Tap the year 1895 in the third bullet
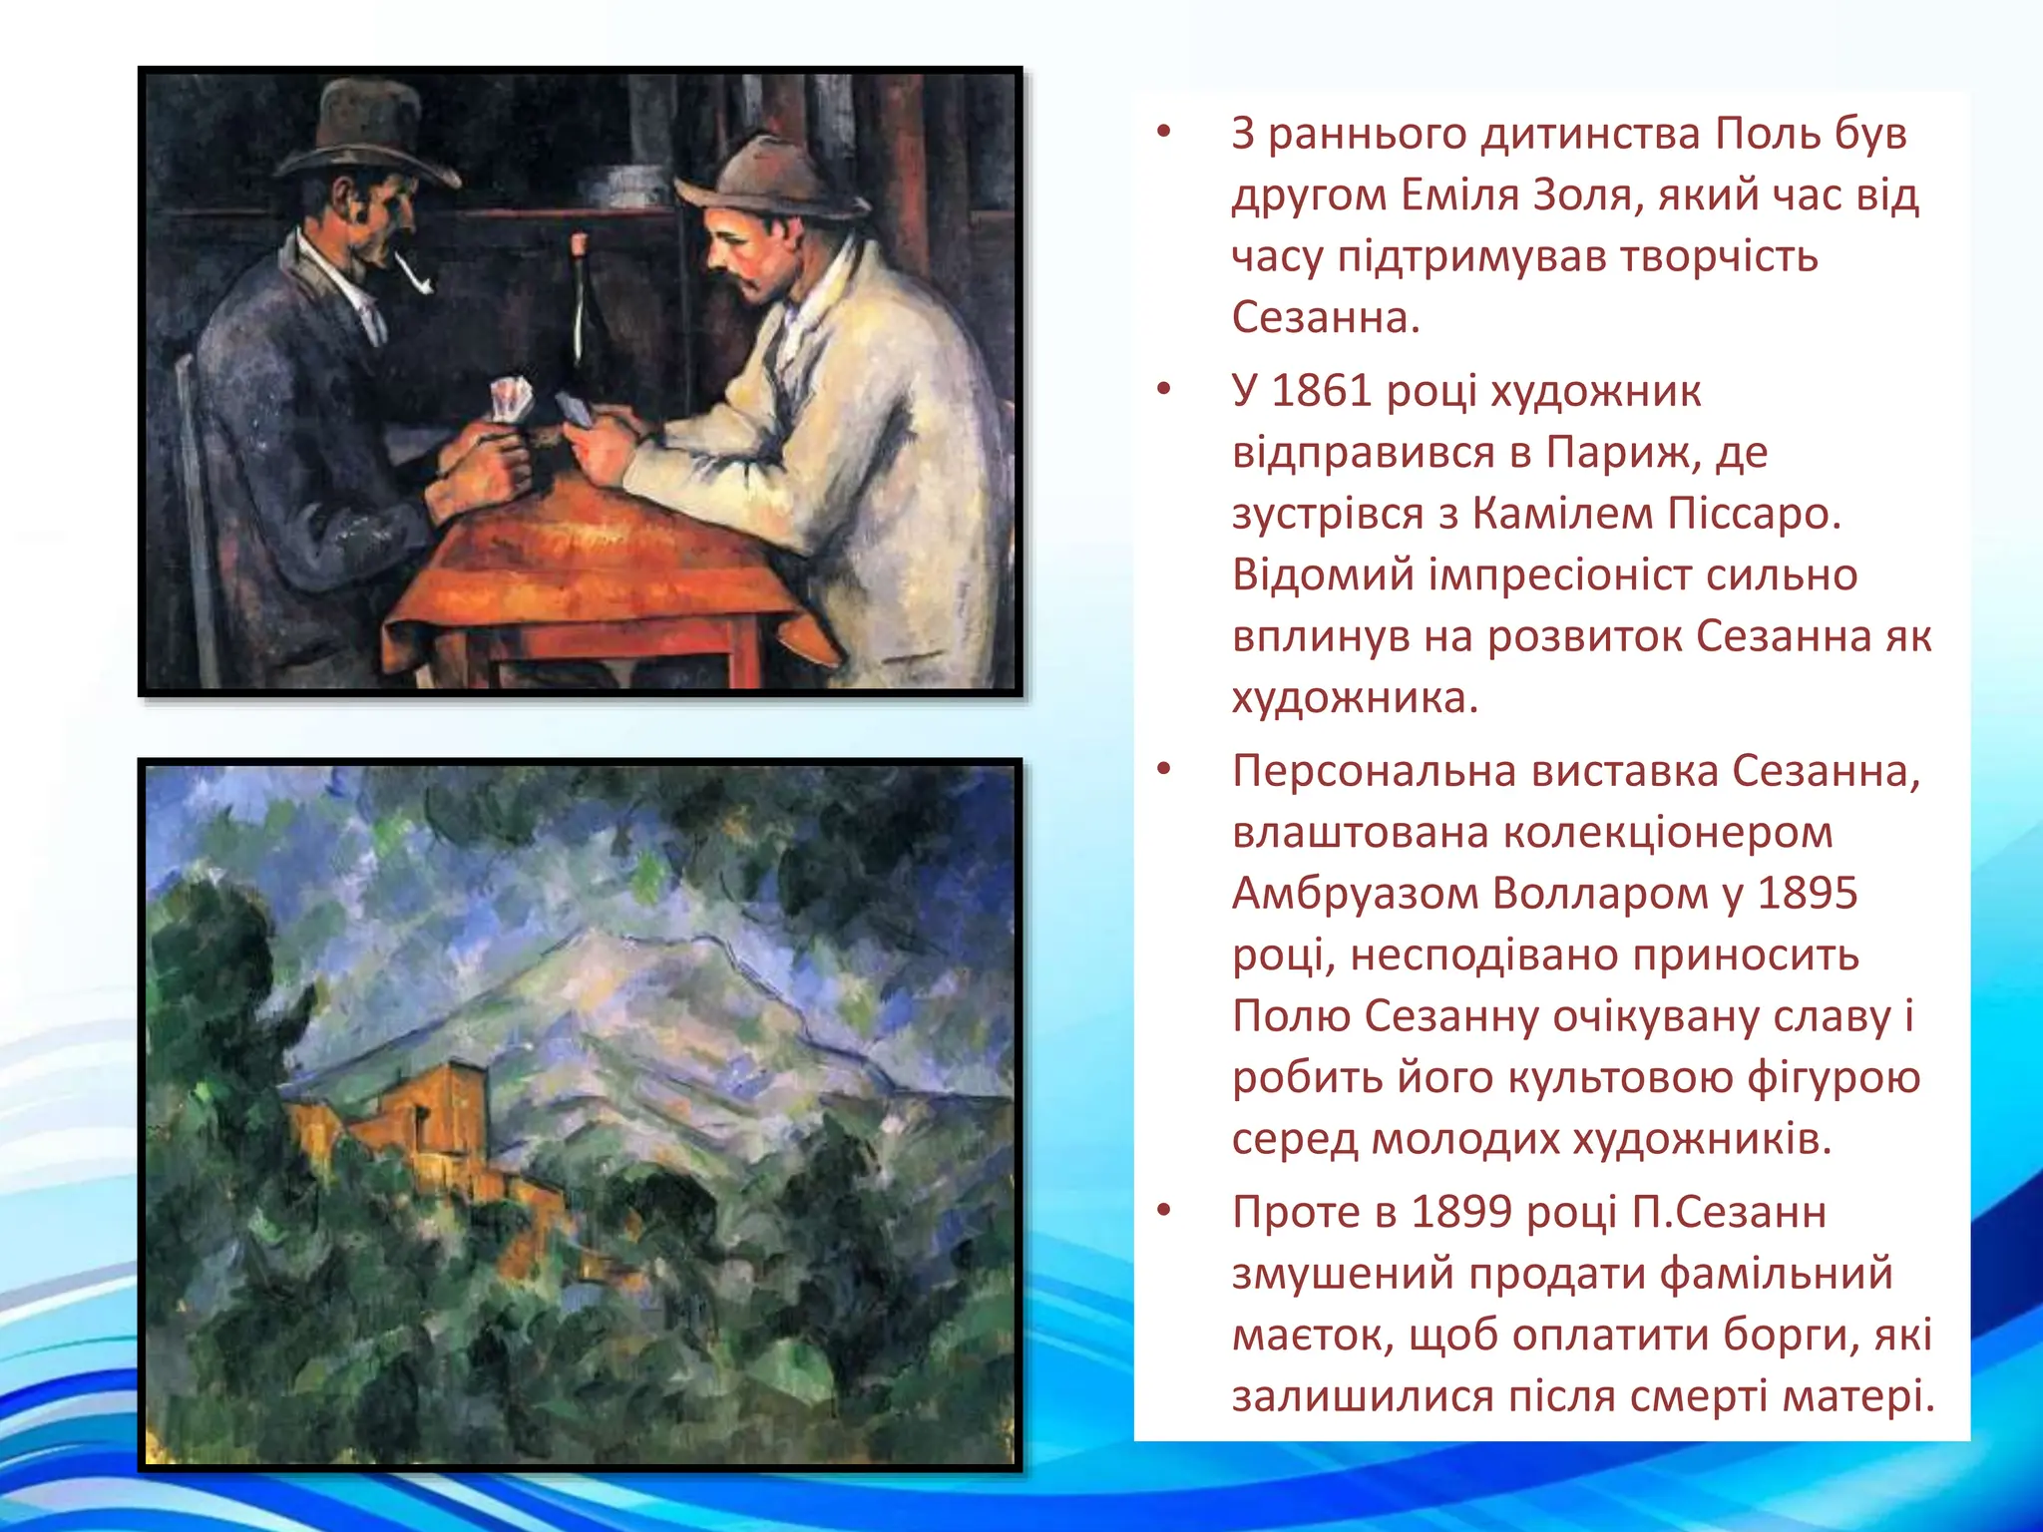pos(1807,894)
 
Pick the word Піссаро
pos(1756,514)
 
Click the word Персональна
pos(1374,771)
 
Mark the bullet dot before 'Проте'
pos(1162,1211)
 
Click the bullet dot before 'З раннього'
pos(1162,132)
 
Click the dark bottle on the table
pos(579,319)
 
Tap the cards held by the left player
pos(509,399)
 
